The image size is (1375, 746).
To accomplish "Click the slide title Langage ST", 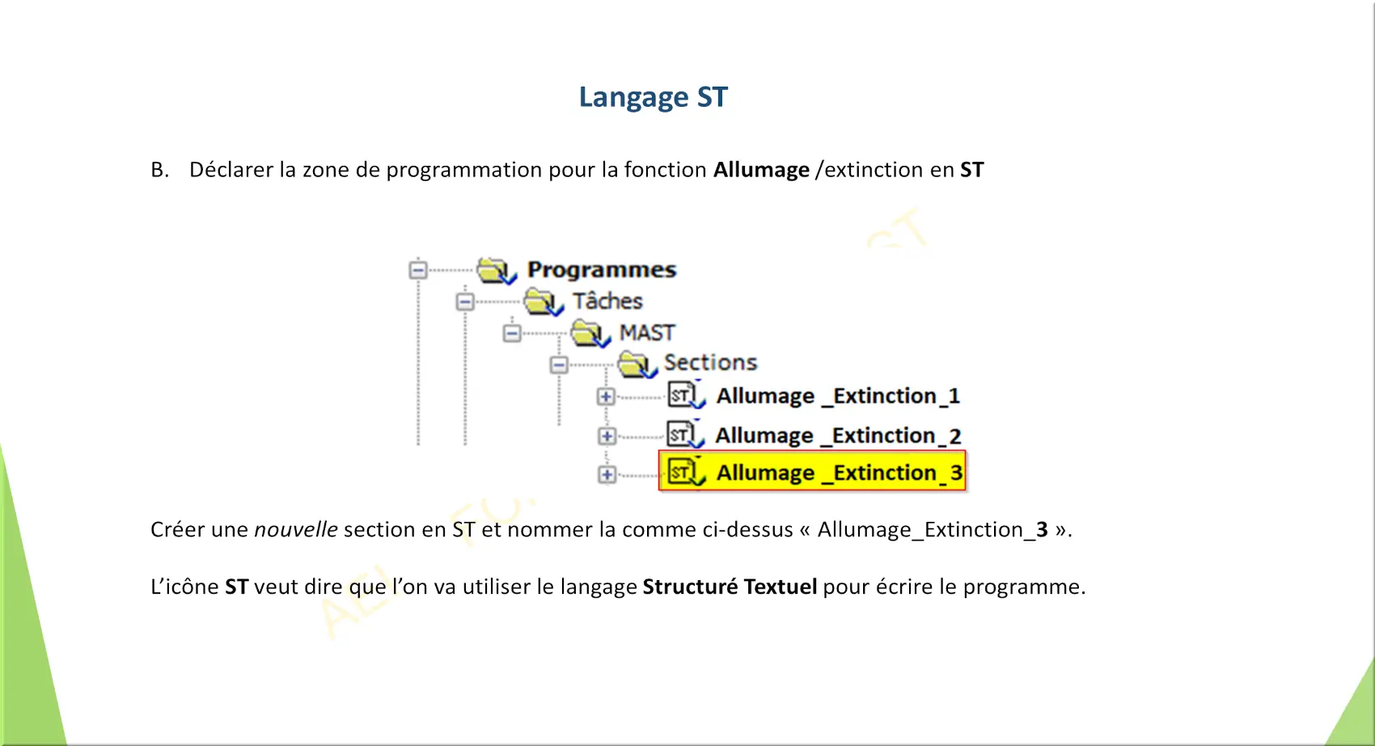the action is (x=654, y=97).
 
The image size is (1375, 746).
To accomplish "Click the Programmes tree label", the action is (x=602, y=269).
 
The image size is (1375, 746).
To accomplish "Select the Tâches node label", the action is (x=607, y=301).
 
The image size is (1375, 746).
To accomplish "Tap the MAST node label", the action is (x=647, y=333).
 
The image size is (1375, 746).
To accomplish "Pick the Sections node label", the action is (x=711, y=362).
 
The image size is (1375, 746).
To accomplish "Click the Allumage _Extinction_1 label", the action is (x=838, y=396).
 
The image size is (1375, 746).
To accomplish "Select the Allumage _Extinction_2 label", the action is (x=838, y=435).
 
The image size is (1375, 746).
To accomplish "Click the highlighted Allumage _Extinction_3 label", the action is (x=839, y=473).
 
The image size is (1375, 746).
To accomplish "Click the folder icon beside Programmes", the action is (x=497, y=270).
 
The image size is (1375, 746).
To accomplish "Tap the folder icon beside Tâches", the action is (x=544, y=302).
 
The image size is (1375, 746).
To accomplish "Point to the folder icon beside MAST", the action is (x=590, y=333).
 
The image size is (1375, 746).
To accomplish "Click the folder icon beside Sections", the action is (x=637, y=365).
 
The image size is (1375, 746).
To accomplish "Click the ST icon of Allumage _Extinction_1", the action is (x=686, y=395).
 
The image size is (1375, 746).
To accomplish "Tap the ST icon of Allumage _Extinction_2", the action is (x=684, y=434).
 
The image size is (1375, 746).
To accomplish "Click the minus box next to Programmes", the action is (x=418, y=269).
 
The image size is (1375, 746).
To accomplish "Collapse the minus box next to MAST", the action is (x=512, y=333).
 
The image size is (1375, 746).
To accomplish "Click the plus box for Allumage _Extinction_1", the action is (x=606, y=396).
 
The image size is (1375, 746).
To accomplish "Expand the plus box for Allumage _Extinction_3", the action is (x=607, y=475).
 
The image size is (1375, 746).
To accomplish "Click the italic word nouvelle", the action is (x=296, y=529).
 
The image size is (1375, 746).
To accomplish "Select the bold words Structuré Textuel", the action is (x=730, y=587).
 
